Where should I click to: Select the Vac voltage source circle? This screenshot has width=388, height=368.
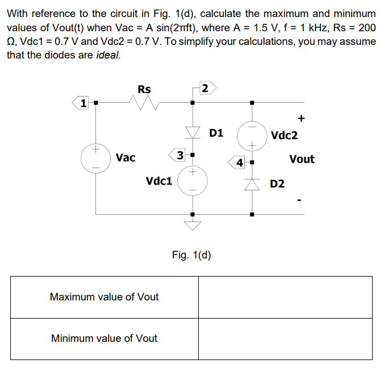95,158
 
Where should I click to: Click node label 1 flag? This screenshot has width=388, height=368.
84,103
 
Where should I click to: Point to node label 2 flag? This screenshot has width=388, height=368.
205,88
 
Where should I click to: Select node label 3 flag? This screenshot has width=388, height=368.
180,154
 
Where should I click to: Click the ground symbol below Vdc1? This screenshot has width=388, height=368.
193,225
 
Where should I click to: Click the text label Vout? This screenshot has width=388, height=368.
302,160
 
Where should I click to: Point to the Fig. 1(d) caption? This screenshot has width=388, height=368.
191,254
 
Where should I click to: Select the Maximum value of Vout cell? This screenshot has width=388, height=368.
105,297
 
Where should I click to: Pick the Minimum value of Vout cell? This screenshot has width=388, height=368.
105,338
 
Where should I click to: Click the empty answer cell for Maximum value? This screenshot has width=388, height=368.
285,297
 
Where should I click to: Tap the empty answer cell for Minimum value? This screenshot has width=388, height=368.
285,338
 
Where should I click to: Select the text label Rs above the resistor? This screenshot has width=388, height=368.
144,89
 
